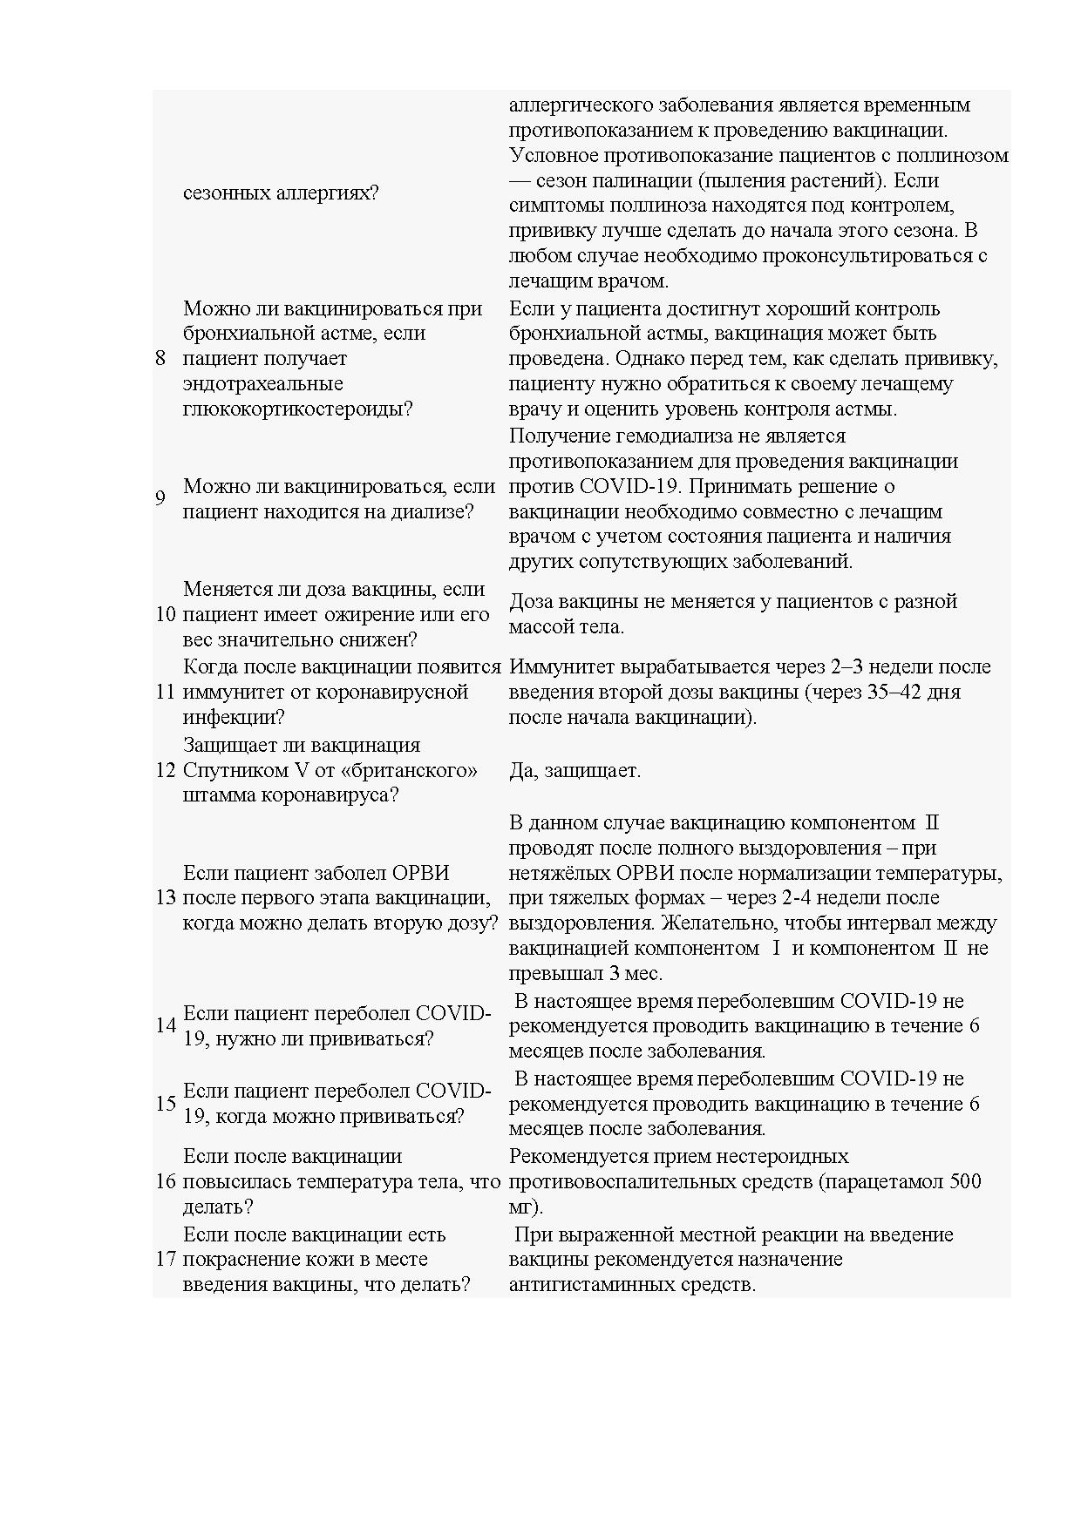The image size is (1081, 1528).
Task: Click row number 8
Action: (160, 358)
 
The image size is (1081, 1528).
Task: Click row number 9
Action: (160, 498)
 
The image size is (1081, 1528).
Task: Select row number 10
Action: (166, 614)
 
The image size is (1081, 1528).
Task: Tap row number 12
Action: (166, 770)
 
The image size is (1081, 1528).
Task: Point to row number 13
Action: (166, 898)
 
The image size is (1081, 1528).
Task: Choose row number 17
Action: (166, 1260)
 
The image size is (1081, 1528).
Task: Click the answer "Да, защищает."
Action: (574, 771)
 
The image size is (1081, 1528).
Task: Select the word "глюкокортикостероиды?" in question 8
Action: (297, 409)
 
